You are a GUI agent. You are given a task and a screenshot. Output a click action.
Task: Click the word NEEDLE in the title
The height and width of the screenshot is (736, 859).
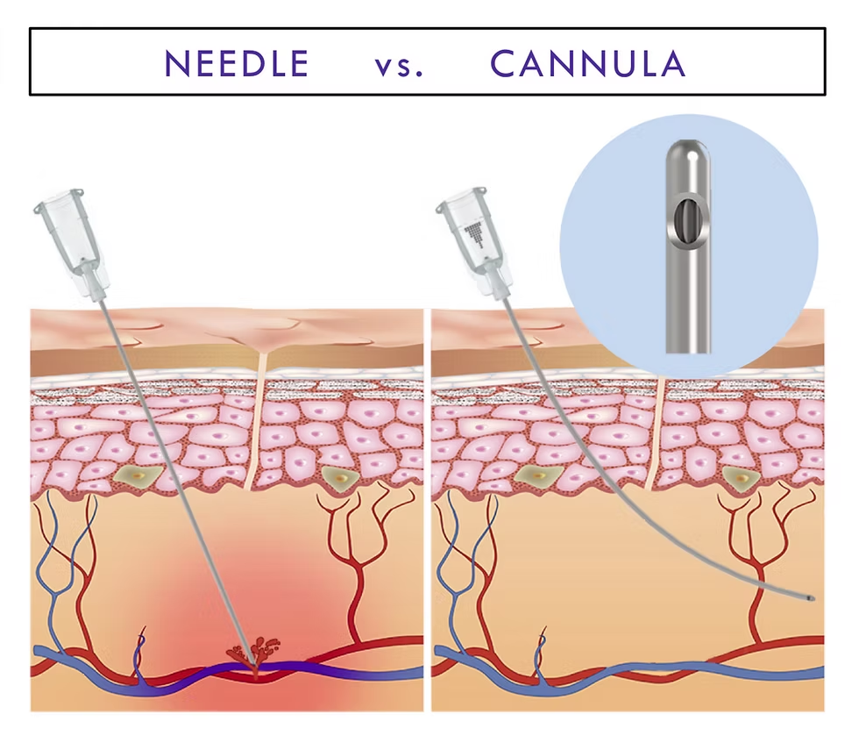click(x=237, y=63)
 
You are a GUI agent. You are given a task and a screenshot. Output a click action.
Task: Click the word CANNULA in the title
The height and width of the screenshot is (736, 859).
click(x=587, y=63)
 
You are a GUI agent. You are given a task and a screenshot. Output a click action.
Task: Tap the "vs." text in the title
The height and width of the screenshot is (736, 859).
click(x=399, y=65)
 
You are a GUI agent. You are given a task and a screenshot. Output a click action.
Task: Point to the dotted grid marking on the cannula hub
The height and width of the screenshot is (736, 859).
click(x=474, y=230)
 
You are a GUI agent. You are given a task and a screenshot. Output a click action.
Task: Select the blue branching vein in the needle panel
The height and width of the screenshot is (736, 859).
click(x=66, y=561)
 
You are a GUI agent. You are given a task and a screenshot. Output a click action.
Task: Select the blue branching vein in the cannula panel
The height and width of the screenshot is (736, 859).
click(x=465, y=561)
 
